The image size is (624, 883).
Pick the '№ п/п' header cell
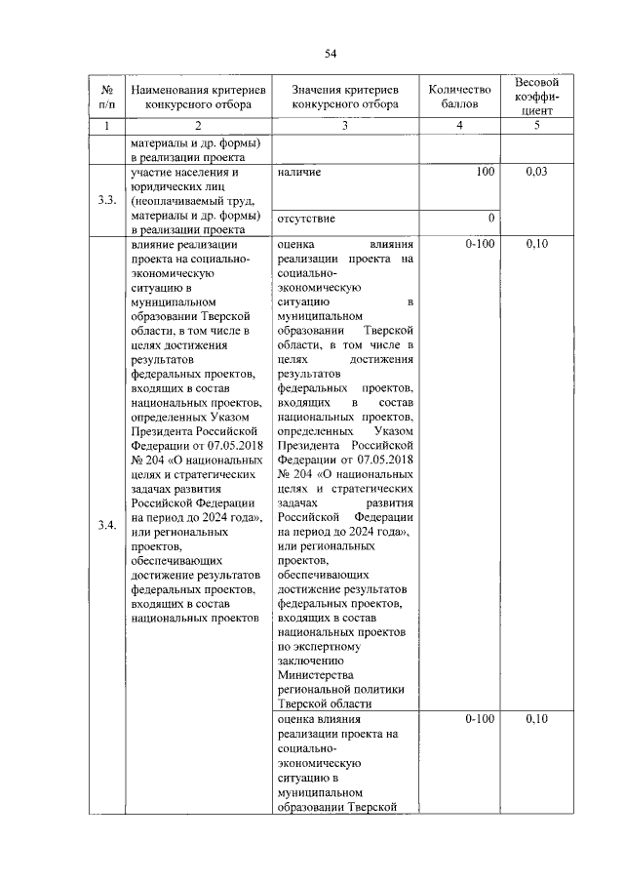click(107, 97)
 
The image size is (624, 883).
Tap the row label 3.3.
click(107, 201)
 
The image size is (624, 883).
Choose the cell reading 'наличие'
click(299, 173)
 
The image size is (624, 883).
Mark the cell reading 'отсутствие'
click(306, 218)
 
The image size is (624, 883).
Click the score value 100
click(485, 173)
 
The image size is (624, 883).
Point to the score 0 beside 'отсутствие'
click(490, 218)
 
